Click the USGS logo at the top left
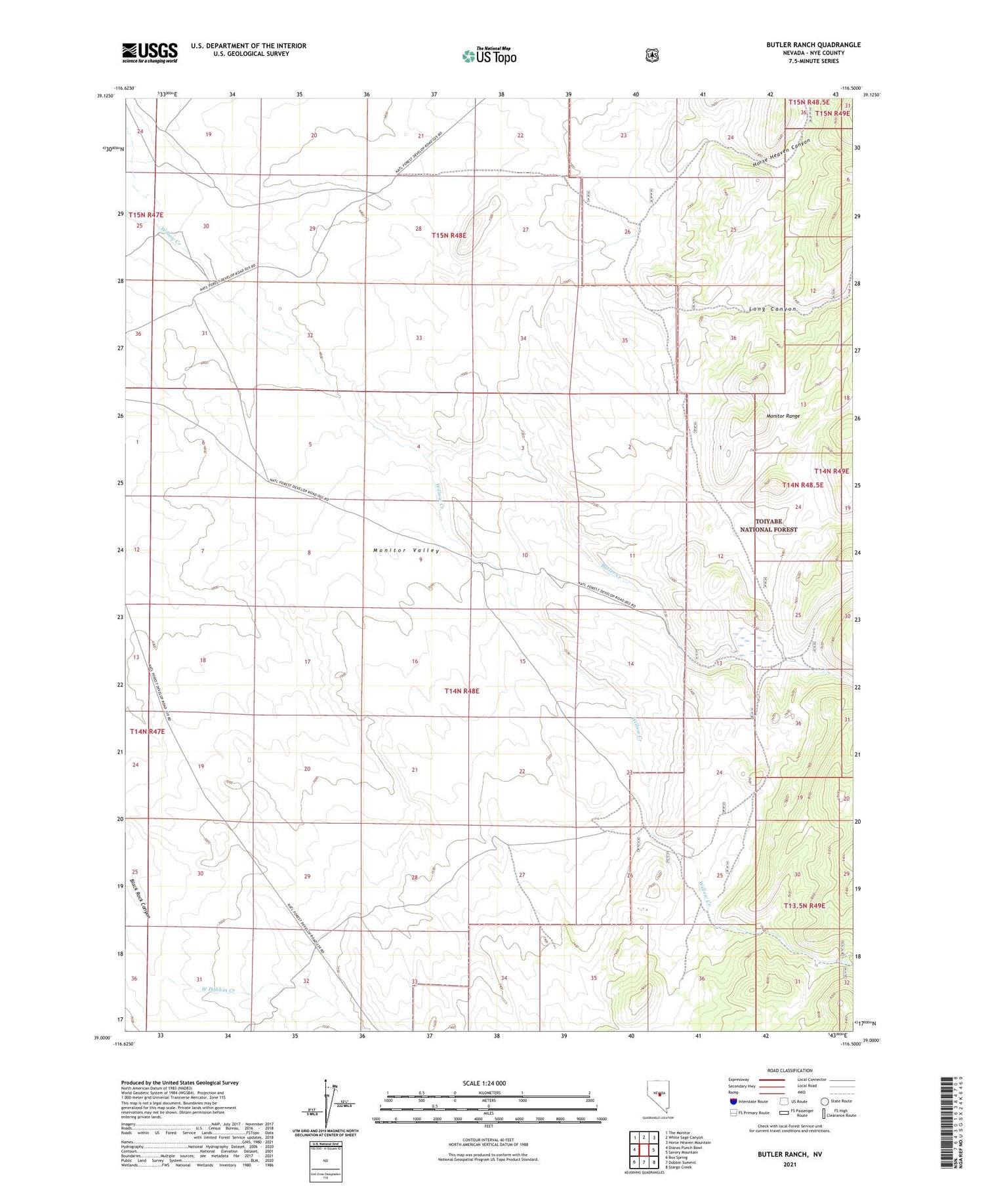(x=150, y=52)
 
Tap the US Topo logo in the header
(x=489, y=56)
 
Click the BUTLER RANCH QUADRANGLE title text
(x=804, y=45)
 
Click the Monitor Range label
(x=783, y=416)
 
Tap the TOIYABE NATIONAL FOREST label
(x=769, y=525)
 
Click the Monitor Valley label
(x=407, y=550)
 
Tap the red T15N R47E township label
(x=146, y=214)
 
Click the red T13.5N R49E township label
(x=804, y=906)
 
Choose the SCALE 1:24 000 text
(x=484, y=1083)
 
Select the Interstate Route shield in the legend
(x=733, y=1101)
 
